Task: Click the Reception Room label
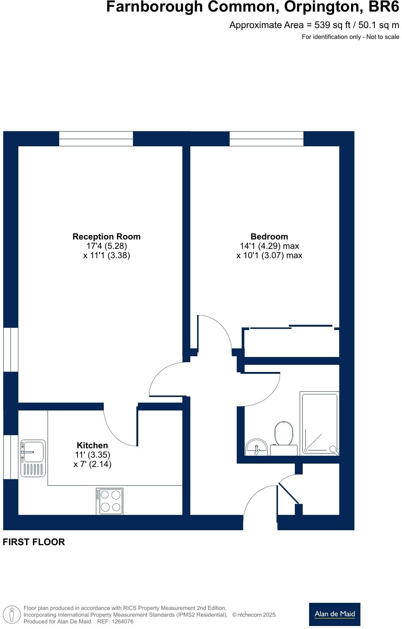106,236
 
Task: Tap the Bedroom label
269,236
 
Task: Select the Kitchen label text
92,445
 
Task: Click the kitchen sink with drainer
33,458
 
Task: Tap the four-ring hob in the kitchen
110,501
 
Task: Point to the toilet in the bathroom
283,434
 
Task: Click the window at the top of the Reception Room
96,138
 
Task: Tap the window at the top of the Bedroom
266,138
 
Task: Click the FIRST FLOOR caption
34,542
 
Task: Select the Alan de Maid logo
335,614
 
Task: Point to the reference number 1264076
120,622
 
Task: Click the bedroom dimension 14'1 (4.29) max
269,246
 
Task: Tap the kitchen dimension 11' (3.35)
92,455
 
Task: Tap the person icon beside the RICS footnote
12,615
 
